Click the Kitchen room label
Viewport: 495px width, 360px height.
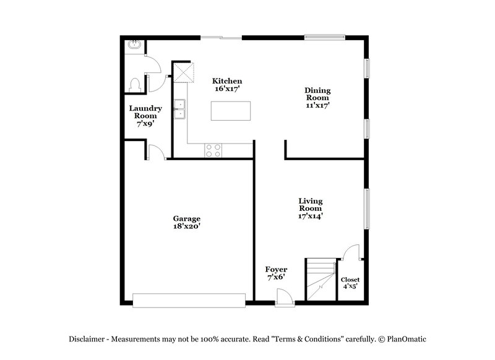coord(227,85)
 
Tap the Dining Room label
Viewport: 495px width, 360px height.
coord(317,98)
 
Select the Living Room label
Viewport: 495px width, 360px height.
coord(311,208)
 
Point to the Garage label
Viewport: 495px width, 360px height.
coord(186,222)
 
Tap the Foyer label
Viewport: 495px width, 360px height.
coord(275,273)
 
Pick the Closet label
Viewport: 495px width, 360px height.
coord(350,283)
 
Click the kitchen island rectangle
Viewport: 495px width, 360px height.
coord(232,111)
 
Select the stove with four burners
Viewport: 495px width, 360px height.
coord(213,150)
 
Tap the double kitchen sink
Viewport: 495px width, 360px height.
coord(180,109)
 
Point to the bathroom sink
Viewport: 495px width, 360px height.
coord(134,45)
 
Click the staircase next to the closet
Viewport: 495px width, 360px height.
coord(320,280)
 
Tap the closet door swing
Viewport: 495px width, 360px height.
coord(351,252)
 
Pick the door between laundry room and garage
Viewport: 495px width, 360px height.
coord(157,152)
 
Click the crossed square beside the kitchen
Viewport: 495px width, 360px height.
coord(184,72)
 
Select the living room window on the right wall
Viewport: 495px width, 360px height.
coord(367,208)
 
